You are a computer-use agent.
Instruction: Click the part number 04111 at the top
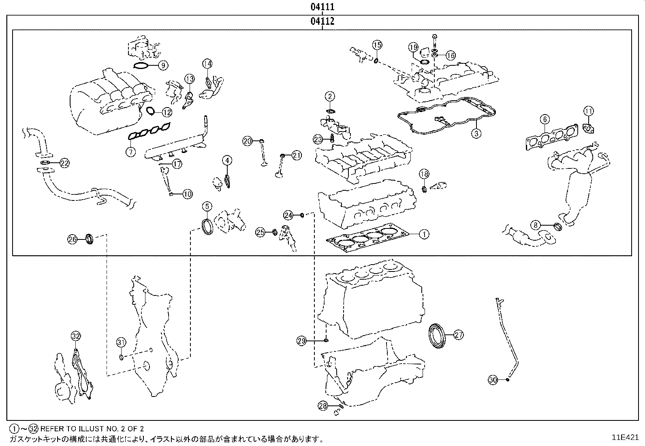pos(322,7)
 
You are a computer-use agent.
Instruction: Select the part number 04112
pos(322,21)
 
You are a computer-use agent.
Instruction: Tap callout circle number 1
pos(424,234)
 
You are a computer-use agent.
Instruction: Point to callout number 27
pos(458,335)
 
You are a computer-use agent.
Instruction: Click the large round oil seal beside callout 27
pos(437,335)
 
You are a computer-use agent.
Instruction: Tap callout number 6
pos(545,119)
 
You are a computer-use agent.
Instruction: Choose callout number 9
pos(163,65)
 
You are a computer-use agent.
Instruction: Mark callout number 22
pos(64,163)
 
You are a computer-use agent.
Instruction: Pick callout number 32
pos(76,336)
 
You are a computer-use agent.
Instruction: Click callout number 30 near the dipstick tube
pos(492,380)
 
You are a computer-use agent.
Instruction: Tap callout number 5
pos(207,206)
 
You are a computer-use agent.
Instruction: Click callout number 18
pos(423,174)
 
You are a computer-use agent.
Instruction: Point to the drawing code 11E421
pos(625,437)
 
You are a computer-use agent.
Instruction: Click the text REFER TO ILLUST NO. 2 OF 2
pos(92,428)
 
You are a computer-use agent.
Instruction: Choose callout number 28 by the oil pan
pos(322,405)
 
